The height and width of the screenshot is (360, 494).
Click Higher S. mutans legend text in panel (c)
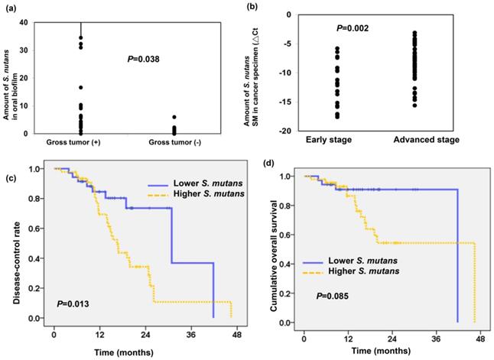coord(187,196)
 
